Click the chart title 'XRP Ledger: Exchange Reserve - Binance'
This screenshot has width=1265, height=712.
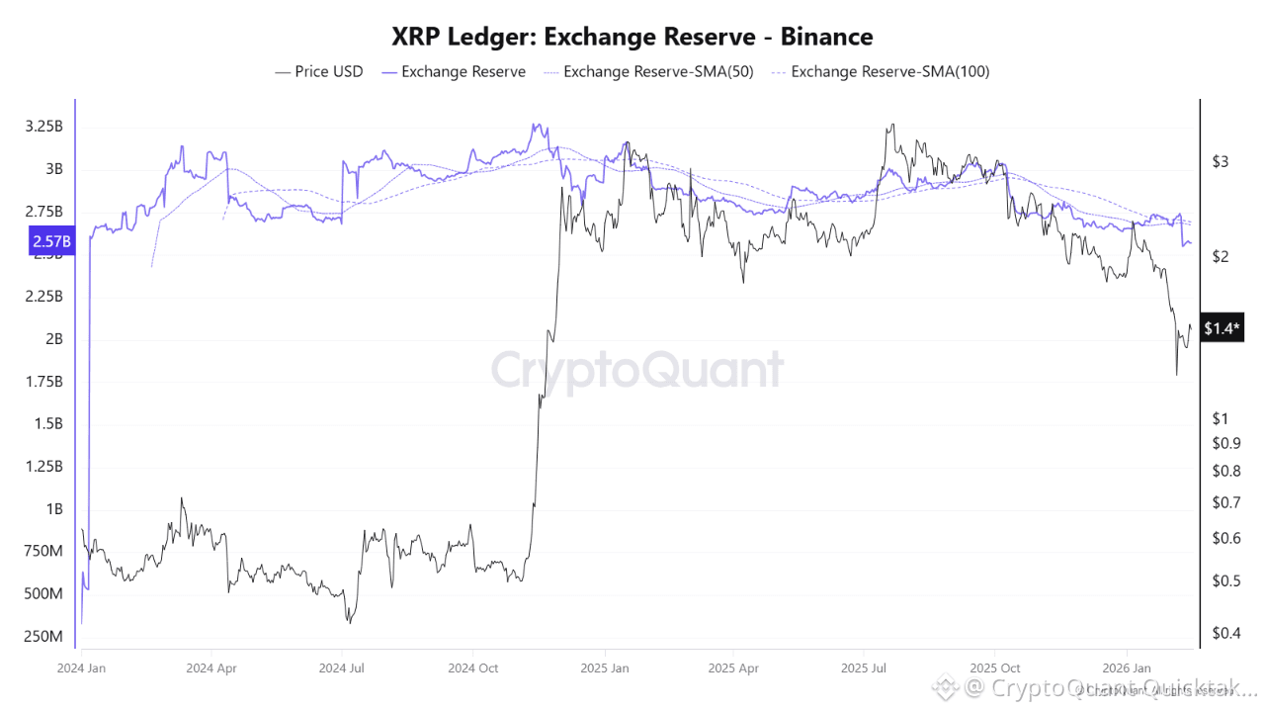[x=632, y=38]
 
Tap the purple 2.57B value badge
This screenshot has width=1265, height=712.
[x=50, y=241]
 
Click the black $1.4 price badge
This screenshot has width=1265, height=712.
[x=1223, y=329]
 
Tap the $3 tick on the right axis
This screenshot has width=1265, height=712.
[x=1221, y=161]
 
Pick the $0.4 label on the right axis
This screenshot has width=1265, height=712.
[x=1224, y=633]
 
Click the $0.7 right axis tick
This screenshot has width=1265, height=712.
[x=1224, y=503]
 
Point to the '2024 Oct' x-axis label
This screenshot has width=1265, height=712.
[x=474, y=667]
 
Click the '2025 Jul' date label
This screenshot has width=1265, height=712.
[x=865, y=667]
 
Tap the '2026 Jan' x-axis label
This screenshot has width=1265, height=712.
[x=1128, y=667]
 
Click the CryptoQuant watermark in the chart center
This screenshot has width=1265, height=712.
[x=637, y=371]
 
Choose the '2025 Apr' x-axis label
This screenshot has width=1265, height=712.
[x=734, y=667]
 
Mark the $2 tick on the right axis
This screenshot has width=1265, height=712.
[x=1221, y=257]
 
